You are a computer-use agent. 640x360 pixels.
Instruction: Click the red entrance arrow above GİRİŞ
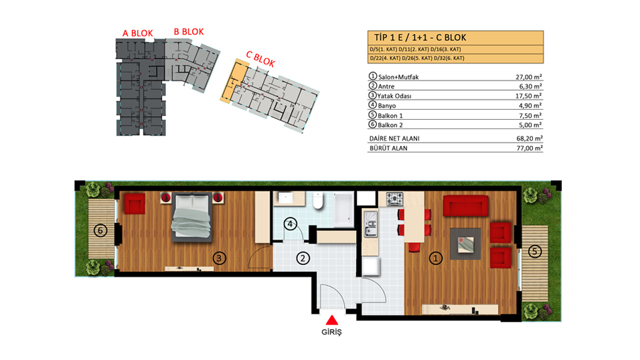332,320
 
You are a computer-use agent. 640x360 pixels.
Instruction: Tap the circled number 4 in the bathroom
290,223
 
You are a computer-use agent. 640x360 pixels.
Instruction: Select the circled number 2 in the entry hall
303,258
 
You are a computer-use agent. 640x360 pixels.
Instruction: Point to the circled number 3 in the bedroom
220,258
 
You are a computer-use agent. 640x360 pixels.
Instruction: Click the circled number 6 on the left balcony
100,231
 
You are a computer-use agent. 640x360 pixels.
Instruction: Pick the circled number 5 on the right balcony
535,252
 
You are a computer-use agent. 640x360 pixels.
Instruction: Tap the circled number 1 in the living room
436,258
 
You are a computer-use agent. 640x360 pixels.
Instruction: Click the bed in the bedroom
192,217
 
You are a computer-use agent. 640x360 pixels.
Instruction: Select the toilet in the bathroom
319,201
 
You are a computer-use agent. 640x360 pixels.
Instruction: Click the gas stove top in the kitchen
395,199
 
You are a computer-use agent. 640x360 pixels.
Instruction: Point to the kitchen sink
371,223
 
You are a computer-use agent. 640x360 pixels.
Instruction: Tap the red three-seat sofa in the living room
466,205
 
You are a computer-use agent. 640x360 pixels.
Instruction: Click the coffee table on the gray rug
466,244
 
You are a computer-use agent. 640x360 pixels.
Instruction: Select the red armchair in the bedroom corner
135,203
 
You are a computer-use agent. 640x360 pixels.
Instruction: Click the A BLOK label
138,33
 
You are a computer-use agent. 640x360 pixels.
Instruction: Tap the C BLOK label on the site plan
260,59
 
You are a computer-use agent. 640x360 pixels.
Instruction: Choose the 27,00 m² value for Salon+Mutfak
529,77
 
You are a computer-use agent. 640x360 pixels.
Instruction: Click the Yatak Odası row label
394,96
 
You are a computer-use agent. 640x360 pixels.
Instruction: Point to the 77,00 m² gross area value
530,148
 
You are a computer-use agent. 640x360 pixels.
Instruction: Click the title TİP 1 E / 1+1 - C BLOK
420,37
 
